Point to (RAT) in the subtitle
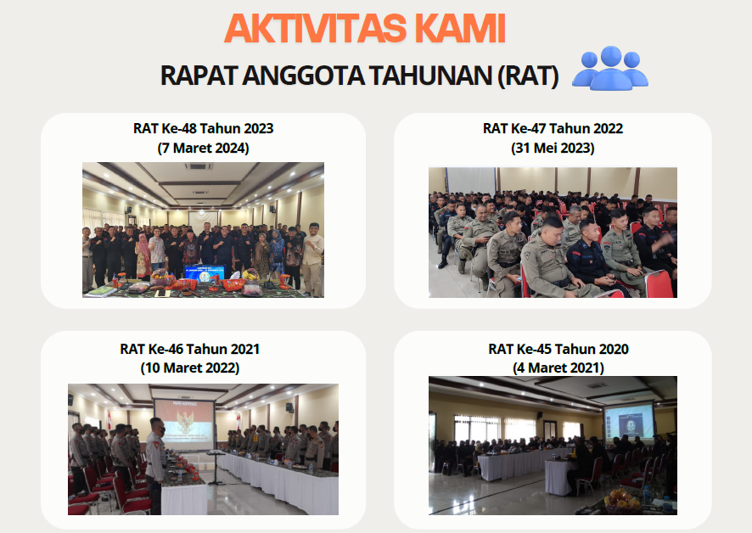tap(529, 76)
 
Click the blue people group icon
tap(610, 68)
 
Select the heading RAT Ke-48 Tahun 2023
tap(204, 128)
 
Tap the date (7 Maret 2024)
tap(204, 148)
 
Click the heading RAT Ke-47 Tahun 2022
tap(553, 128)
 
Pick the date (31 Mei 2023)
tap(553, 148)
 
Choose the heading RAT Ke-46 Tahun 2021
tap(190, 349)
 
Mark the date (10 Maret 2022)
tap(190, 368)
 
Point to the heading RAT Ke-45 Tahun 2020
tap(558, 349)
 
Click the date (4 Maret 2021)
tap(558, 368)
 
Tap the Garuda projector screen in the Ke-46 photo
tap(184, 425)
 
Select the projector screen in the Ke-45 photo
tap(629, 422)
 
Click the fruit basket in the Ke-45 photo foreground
tap(622, 502)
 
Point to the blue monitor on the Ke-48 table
tap(205, 273)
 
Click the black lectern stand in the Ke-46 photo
tap(216, 467)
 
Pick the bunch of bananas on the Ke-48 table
tap(250, 274)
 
